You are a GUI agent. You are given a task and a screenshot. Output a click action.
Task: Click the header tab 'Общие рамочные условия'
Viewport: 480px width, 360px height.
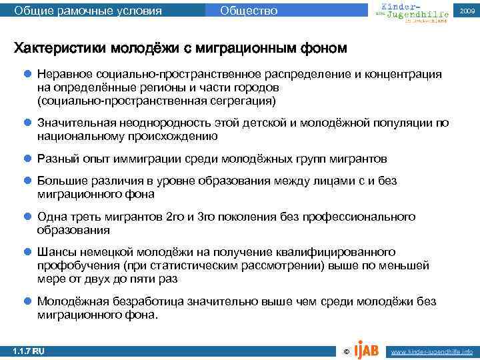pyautogui.click(x=87, y=10)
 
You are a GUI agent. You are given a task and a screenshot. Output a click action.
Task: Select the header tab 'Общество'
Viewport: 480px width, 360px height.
pyautogui.click(x=248, y=10)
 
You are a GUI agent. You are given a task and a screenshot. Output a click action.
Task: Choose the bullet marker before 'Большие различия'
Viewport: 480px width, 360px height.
pyautogui.click(x=27, y=181)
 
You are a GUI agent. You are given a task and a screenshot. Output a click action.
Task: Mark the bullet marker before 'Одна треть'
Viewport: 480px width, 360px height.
pyautogui.click(x=27, y=217)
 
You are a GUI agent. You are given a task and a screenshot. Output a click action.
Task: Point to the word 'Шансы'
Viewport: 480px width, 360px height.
pyautogui.click(x=55, y=253)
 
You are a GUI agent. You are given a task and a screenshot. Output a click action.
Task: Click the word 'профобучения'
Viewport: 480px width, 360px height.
pyautogui.click(x=76, y=266)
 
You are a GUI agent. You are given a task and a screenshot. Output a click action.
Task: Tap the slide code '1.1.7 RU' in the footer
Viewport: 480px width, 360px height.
pyautogui.click(x=28, y=351)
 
